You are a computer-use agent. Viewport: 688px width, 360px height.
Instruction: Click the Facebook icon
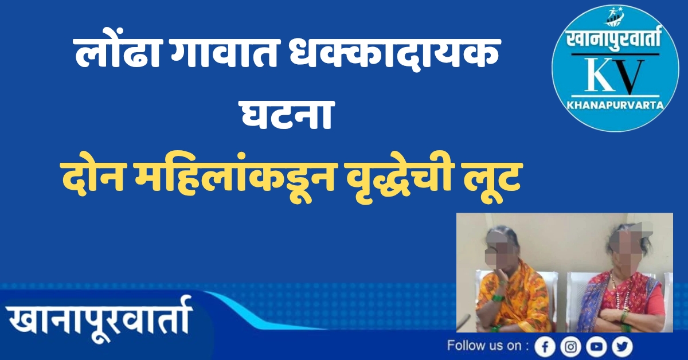[545, 347]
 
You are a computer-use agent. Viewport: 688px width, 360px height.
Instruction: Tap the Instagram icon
[570, 347]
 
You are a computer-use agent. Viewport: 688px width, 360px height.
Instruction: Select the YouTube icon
[596, 347]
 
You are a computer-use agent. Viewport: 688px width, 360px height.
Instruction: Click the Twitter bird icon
[622, 347]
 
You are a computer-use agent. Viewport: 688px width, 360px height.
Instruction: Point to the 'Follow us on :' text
[488, 346]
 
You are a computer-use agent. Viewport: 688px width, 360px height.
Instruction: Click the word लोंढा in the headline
[118, 53]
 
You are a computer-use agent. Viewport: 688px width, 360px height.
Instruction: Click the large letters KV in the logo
[614, 75]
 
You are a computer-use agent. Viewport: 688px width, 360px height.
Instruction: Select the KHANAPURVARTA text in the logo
[615, 105]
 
